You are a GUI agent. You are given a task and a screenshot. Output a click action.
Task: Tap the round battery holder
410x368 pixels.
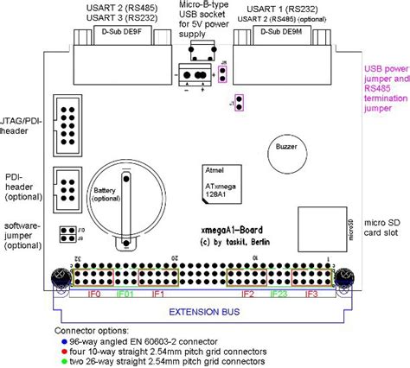[127, 191]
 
